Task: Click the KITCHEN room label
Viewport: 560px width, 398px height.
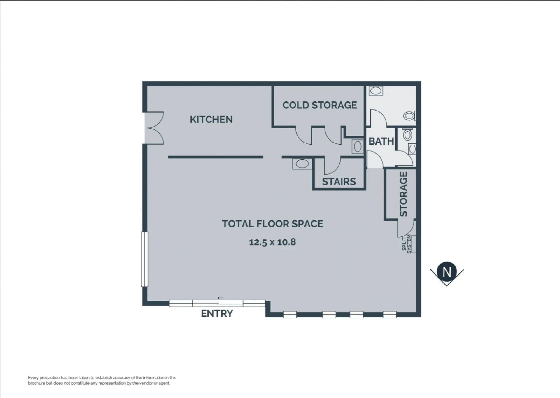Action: click(211, 120)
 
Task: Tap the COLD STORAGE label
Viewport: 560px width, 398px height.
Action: click(320, 105)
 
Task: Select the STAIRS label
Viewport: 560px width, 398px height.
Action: click(339, 182)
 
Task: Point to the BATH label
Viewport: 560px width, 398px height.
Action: click(381, 141)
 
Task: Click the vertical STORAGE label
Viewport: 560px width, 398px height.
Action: click(403, 194)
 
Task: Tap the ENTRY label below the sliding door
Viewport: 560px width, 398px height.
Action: click(217, 313)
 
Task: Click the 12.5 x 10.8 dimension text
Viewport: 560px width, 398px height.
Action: click(272, 242)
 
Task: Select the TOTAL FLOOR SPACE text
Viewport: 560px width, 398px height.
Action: click(272, 224)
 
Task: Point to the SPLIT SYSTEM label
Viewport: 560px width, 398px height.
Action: click(407, 244)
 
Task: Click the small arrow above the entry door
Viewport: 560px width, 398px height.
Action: click(220, 298)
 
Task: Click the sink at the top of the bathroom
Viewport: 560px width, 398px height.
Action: click(376, 91)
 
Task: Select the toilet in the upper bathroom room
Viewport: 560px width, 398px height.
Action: click(410, 116)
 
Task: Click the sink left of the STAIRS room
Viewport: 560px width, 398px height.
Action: click(302, 164)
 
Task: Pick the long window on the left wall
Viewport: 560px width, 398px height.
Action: click(145, 259)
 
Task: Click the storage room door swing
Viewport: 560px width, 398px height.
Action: click(407, 228)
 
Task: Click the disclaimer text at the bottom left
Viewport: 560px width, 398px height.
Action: click(102, 381)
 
